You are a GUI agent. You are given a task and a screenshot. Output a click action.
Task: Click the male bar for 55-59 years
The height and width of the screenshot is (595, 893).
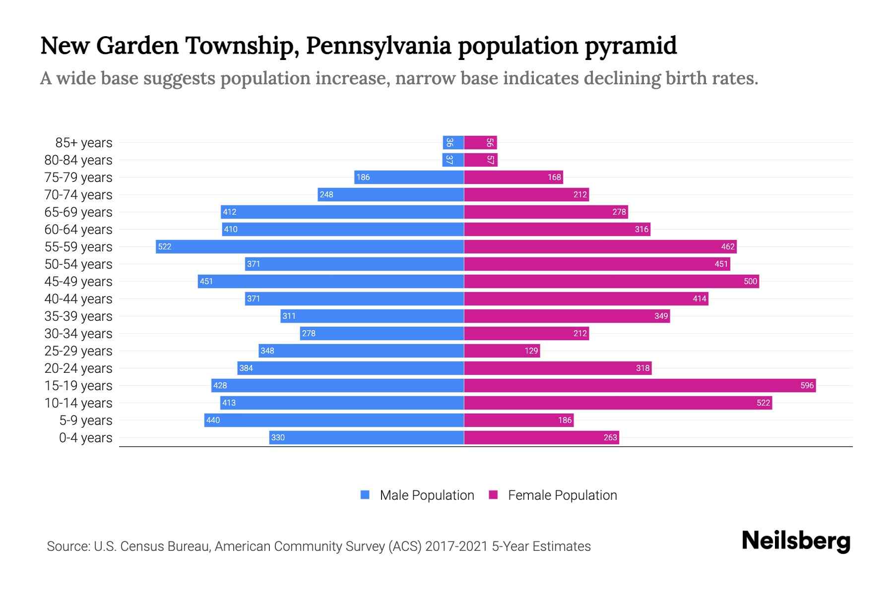[x=310, y=246]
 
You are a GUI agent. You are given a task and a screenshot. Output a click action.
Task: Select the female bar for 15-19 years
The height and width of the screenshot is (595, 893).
[x=640, y=385]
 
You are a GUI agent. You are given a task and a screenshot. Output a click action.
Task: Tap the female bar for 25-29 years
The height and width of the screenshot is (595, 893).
[x=502, y=351]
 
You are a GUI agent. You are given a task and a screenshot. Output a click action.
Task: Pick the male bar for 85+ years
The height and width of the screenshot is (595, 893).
[x=453, y=143]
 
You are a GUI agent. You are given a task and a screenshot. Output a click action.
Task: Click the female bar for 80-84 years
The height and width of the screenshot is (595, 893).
[x=480, y=160]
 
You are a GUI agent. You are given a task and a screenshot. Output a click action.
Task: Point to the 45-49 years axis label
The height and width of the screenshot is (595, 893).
[x=78, y=282]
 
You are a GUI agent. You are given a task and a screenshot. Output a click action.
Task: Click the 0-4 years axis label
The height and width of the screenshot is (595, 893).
[x=85, y=438]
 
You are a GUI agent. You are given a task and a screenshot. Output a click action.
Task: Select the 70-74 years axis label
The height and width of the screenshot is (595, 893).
[x=78, y=195]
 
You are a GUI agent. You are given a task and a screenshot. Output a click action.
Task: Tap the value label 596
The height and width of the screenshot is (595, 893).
[x=807, y=386]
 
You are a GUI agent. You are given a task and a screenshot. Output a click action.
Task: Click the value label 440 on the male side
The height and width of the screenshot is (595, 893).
[x=213, y=420]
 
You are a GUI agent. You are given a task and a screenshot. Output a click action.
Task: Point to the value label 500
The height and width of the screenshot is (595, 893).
[x=750, y=282]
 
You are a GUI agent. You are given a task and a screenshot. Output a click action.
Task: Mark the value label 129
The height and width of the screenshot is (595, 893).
[x=531, y=351]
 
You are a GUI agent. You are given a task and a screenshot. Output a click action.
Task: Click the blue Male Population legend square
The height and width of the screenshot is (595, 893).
[x=365, y=495]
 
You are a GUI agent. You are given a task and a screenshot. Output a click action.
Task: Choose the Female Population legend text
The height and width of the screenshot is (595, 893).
[x=562, y=495]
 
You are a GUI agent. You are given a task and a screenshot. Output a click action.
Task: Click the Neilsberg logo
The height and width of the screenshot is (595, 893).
[x=796, y=541]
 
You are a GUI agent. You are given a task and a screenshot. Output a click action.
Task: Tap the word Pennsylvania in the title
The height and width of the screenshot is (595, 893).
[x=379, y=46]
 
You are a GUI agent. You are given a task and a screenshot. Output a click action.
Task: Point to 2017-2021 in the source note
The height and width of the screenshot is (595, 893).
[x=456, y=546]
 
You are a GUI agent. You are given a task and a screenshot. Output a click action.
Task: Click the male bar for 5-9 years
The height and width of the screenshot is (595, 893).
[x=334, y=420]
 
